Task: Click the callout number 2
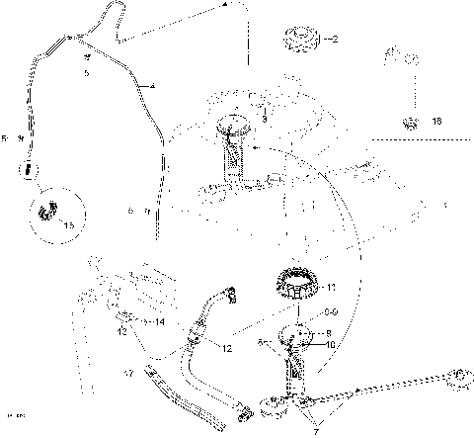pyautogui.click(x=335, y=40)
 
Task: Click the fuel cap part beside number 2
pyautogui.click(x=300, y=41)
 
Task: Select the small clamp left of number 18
pyautogui.click(x=408, y=124)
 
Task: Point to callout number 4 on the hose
pyautogui.click(x=152, y=88)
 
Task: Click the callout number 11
pyautogui.click(x=331, y=288)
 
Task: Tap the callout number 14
pyautogui.click(x=159, y=322)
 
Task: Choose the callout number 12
pyautogui.click(x=226, y=349)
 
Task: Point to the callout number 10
pyautogui.click(x=331, y=345)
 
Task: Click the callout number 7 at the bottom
pyautogui.click(x=315, y=431)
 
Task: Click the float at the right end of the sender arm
pyautogui.click(x=457, y=375)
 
